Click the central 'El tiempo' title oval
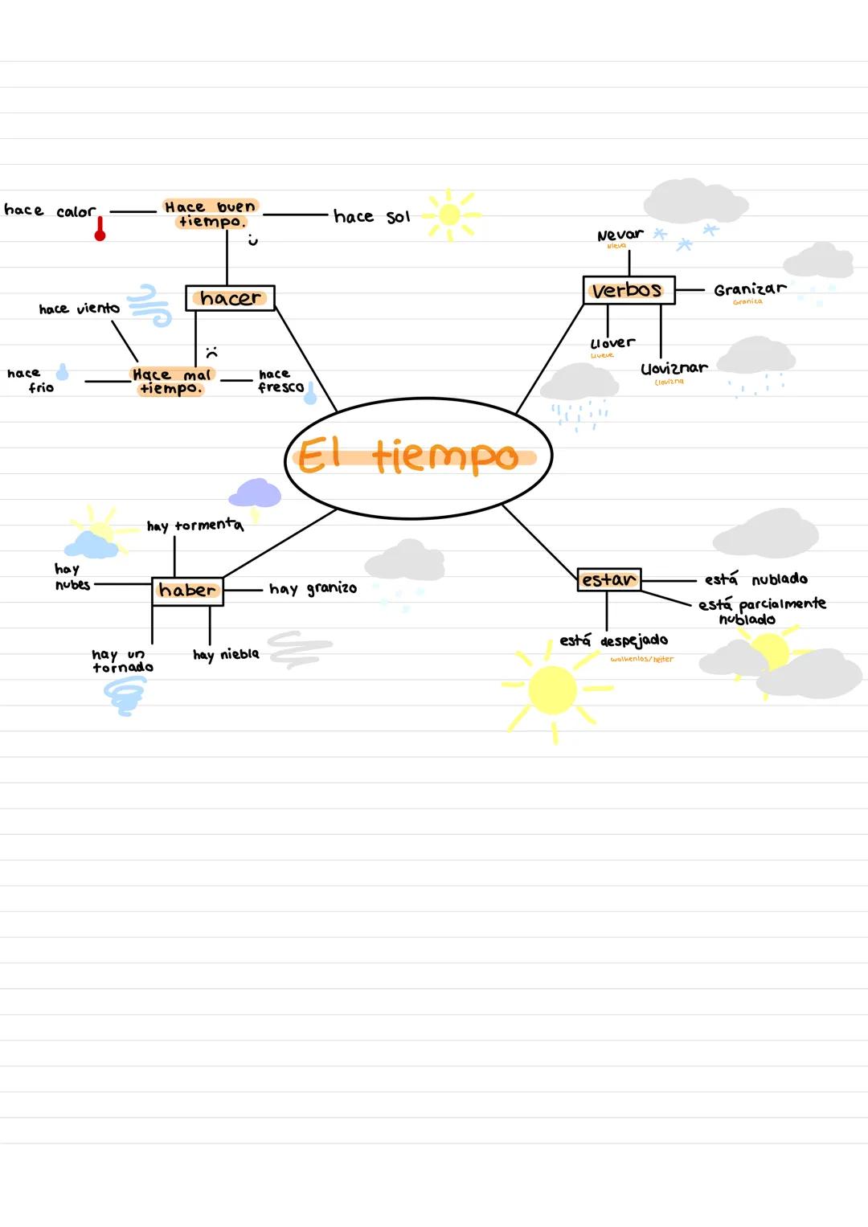(x=418, y=456)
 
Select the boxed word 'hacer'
(x=230, y=298)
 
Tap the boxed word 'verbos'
(x=628, y=290)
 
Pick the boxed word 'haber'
(x=187, y=591)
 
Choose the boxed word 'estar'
(x=608, y=579)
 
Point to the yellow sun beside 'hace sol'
(x=450, y=215)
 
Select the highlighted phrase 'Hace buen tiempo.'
(x=211, y=214)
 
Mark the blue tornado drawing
(x=125, y=695)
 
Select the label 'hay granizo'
(x=313, y=588)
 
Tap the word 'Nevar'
(x=620, y=235)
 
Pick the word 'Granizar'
(x=749, y=289)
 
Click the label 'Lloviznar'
(x=674, y=368)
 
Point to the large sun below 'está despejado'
(x=553, y=690)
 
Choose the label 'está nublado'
(x=755, y=579)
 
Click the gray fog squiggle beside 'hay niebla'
(x=298, y=649)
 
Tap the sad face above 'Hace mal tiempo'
(x=211, y=352)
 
